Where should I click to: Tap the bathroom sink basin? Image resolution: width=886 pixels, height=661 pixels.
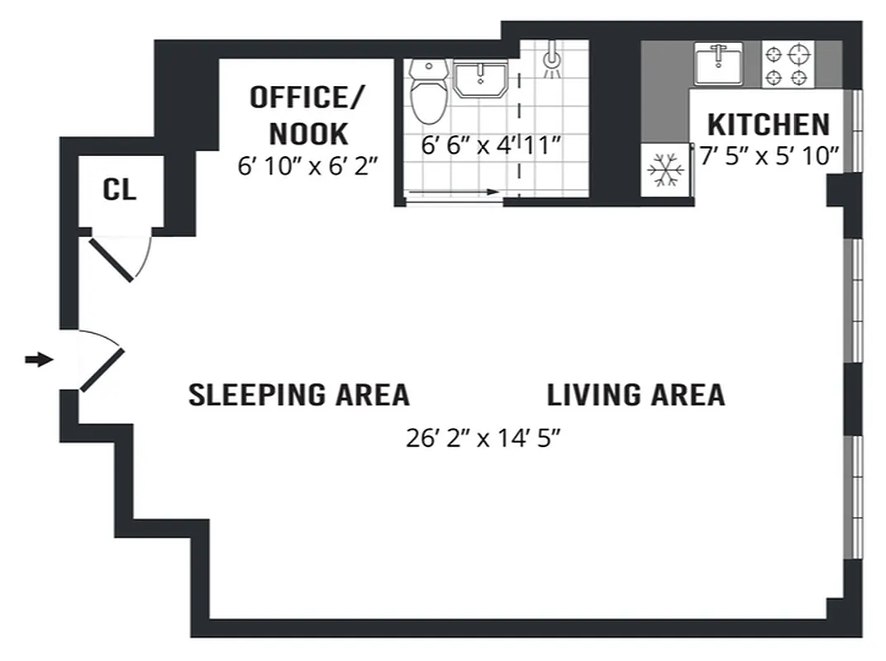coord(480,80)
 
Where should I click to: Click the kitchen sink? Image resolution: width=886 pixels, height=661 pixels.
coord(717,64)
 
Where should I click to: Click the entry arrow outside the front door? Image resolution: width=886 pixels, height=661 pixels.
coord(38,359)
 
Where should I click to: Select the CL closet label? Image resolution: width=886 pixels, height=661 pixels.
coord(119,190)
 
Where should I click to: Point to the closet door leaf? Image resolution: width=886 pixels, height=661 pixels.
coord(112,260)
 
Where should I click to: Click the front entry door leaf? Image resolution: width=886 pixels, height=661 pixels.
coord(102,369)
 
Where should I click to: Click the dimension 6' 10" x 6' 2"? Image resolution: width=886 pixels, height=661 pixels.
coord(307,165)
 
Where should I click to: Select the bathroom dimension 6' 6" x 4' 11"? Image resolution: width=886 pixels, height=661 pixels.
coord(491,145)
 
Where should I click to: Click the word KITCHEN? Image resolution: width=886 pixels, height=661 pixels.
coord(768,125)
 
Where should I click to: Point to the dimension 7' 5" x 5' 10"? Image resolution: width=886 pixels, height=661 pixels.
coord(769,155)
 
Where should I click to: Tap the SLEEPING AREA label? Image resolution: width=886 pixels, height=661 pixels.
coord(298,395)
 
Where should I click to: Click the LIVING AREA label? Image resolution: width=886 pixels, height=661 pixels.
coord(636,395)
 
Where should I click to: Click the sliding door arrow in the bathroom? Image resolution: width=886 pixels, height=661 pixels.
coord(454,192)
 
